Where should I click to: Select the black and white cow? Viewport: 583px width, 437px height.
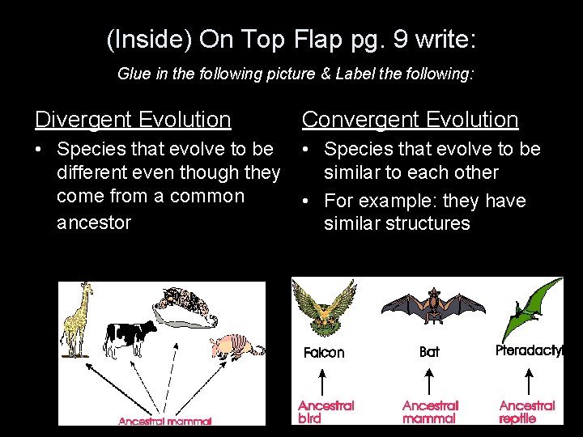click(x=130, y=336)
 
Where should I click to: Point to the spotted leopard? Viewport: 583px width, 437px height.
click(x=185, y=303)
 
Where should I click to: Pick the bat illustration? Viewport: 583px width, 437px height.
click(x=432, y=308)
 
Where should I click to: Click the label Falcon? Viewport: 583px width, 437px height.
click(x=324, y=353)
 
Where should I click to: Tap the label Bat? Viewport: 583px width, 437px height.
click(x=430, y=352)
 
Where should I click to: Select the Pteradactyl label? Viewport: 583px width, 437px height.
click(x=530, y=351)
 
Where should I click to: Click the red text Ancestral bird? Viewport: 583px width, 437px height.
click(x=326, y=411)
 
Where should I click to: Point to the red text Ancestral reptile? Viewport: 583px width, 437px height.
click(x=527, y=411)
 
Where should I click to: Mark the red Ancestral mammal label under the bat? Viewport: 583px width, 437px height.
click(x=430, y=411)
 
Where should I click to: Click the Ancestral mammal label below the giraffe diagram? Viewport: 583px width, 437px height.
click(x=165, y=421)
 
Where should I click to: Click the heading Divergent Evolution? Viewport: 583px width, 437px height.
click(x=133, y=120)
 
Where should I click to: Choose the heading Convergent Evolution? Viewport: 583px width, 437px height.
click(x=410, y=120)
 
